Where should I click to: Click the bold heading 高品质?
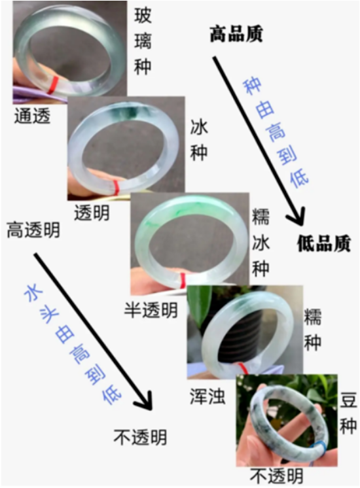(236, 33)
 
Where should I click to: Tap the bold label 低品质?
(324, 243)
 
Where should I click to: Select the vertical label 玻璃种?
(143, 41)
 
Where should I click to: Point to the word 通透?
(32, 116)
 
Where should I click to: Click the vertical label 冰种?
(199, 141)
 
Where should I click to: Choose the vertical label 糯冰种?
(261, 243)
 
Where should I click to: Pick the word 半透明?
(151, 310)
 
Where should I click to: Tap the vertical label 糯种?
(312, 330)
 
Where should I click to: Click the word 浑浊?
(207, 397)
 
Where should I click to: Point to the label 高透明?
(33, 230)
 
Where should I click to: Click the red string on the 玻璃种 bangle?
(53, 84)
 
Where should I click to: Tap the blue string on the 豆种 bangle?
(321, 449)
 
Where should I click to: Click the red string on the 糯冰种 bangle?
(183, 281)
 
